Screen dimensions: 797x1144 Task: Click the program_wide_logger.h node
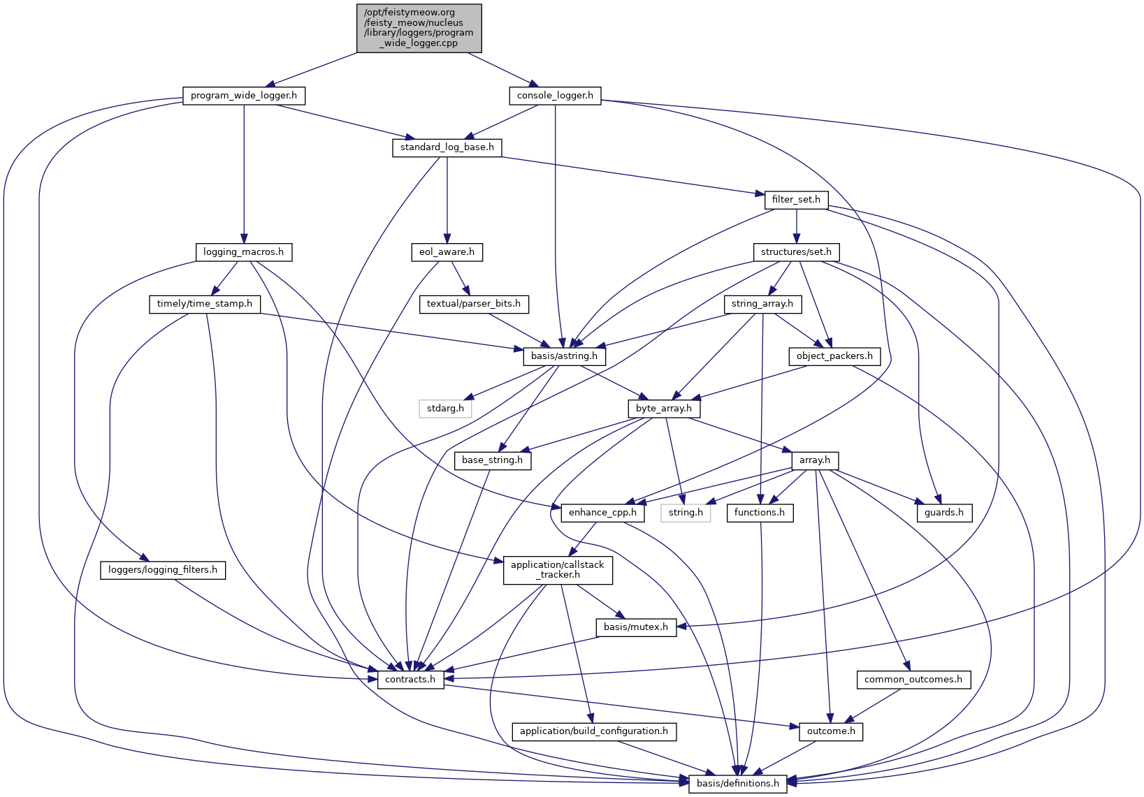244,96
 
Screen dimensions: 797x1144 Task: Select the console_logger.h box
555,96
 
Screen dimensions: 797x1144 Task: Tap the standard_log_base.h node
447,147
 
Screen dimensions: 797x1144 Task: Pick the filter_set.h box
796,200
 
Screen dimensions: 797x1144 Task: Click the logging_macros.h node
243,252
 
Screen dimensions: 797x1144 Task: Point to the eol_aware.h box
447,252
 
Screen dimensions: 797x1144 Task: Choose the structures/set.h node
796,252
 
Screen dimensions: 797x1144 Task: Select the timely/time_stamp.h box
205,304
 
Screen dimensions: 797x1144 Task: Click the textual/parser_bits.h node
474,304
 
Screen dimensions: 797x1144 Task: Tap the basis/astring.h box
565,356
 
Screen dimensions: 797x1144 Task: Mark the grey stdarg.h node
445,409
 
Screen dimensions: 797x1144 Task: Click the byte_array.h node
663,409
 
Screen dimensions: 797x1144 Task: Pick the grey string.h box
686,513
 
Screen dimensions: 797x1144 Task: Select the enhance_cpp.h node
602,513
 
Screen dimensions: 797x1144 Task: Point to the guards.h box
944,513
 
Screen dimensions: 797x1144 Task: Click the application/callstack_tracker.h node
558,570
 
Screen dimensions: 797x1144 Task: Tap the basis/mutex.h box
635,627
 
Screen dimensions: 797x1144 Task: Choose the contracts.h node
410,680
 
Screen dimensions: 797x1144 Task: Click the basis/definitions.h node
737,784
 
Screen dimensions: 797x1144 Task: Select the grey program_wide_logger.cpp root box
419,27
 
